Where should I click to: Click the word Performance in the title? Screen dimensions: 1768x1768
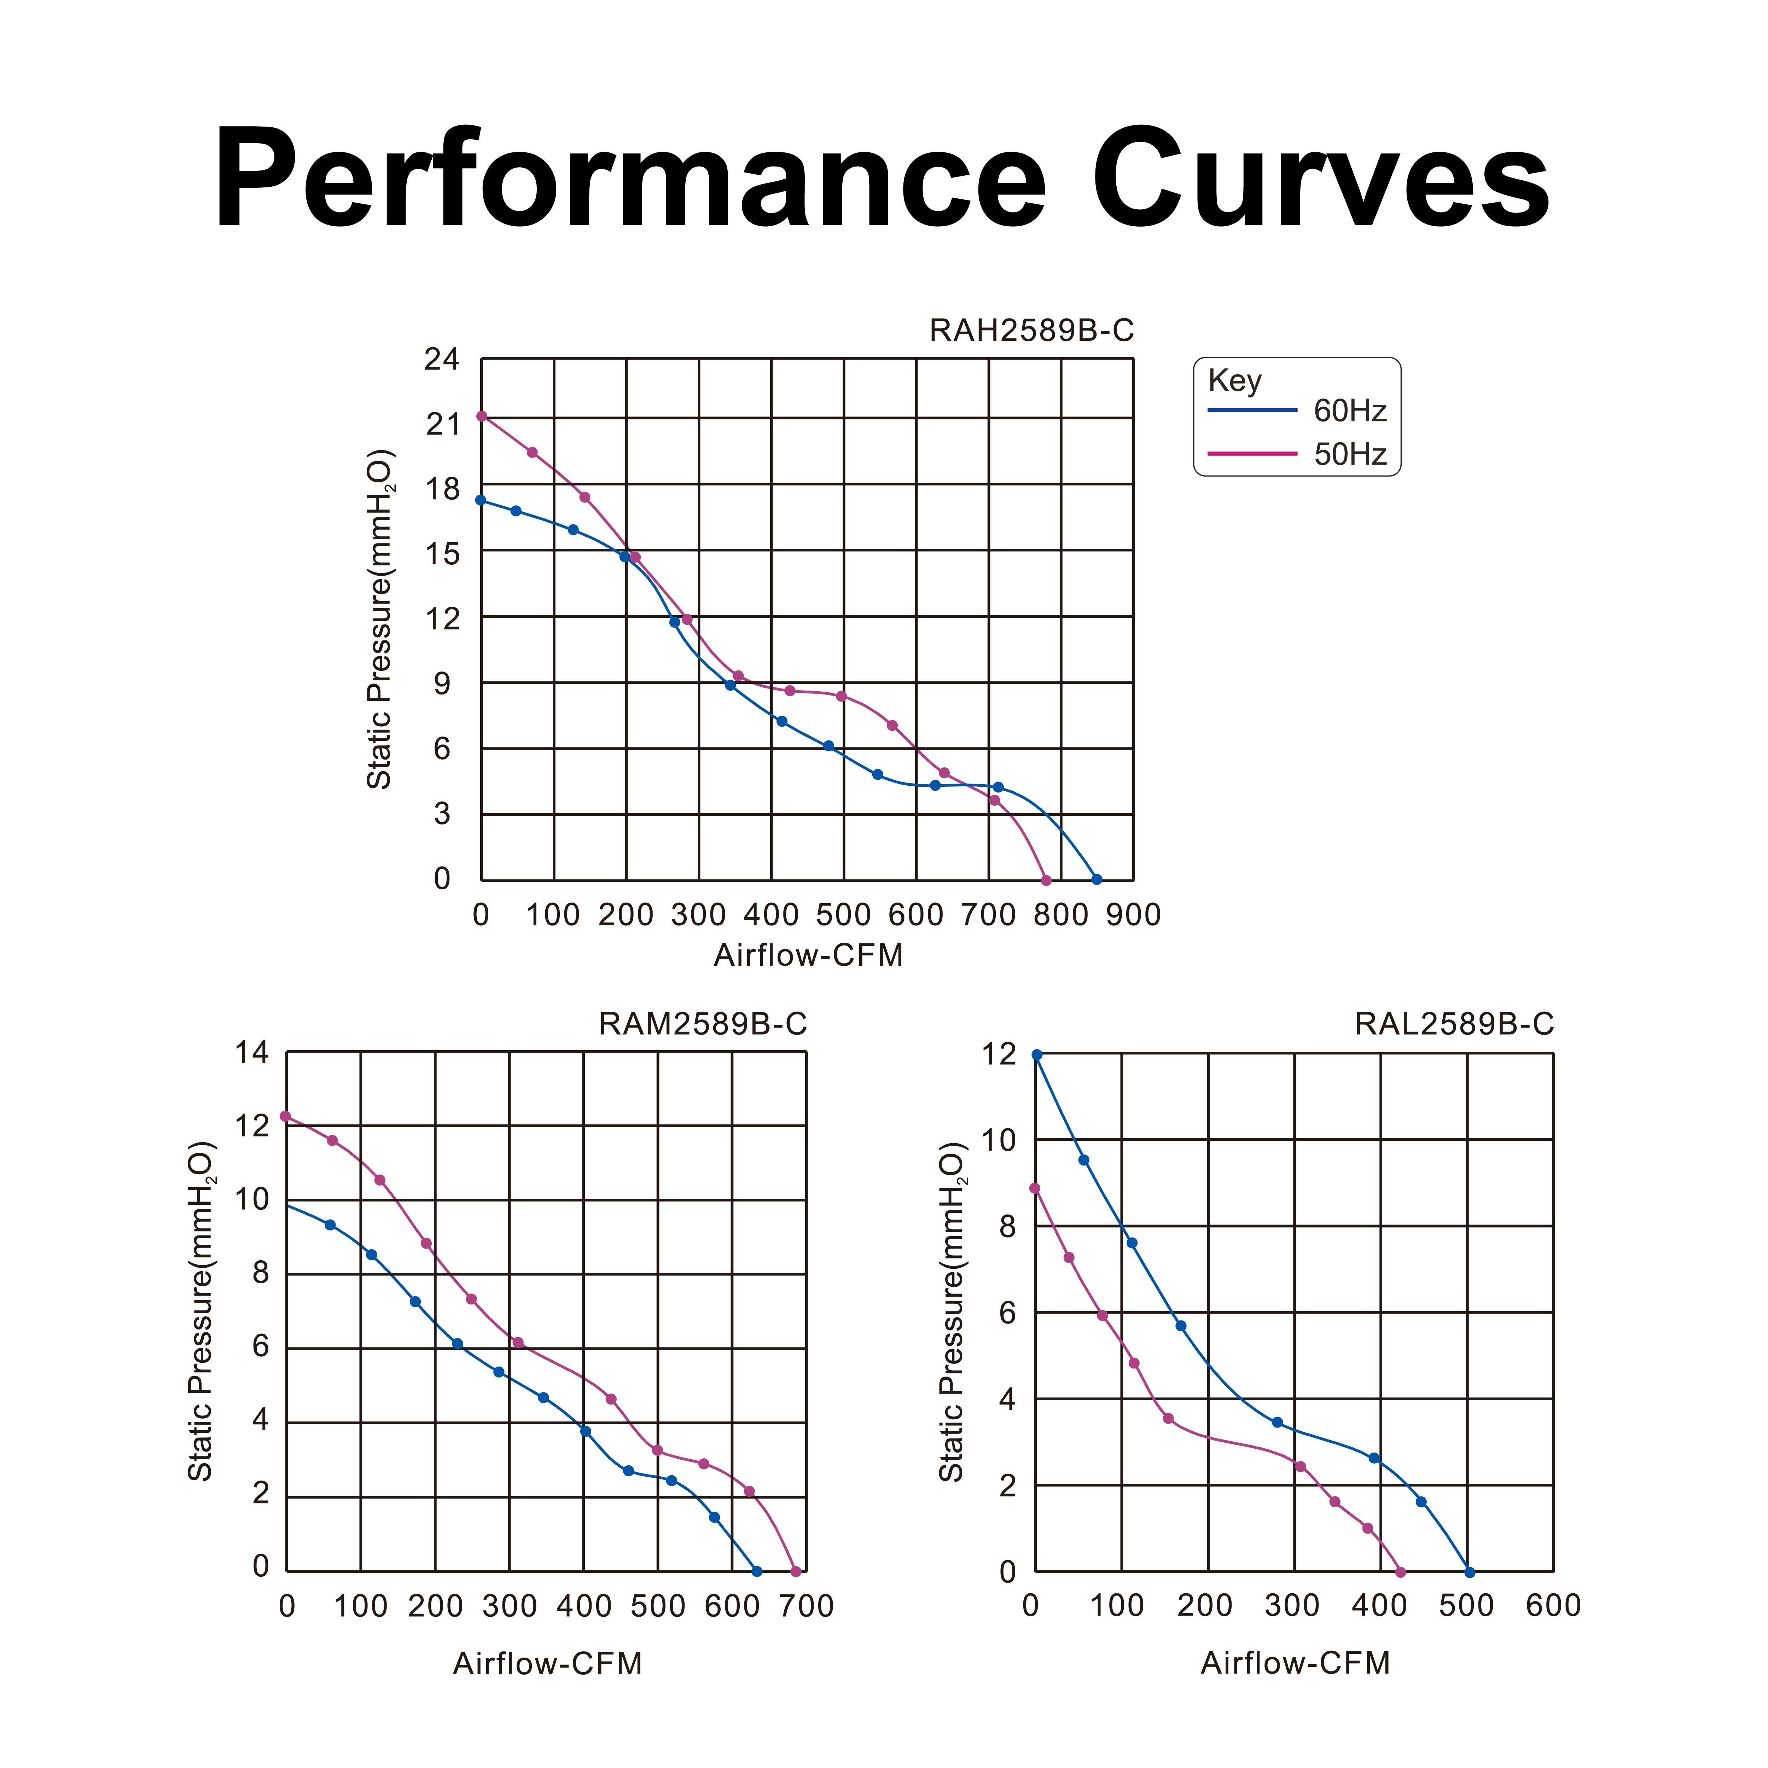point(630,179)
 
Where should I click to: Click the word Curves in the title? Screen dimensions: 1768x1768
point(1320,179)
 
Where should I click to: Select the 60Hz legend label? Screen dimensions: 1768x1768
point(1350,411)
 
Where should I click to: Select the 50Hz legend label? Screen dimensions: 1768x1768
point(1350,454)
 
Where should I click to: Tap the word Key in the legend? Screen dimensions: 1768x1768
point(1234,380)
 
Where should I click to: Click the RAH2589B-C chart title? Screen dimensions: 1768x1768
point(1031,330)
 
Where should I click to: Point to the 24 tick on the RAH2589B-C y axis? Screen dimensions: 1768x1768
point(442,360)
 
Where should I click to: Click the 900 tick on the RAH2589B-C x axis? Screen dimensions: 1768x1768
point(1133,914)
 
